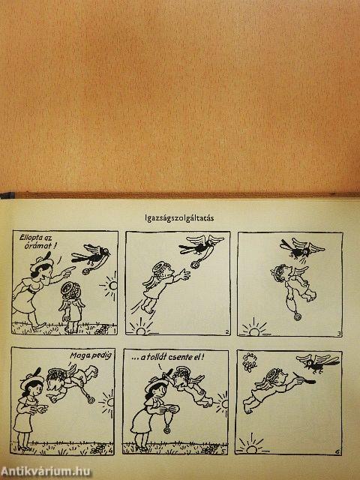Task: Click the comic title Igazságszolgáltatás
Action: point(179,218)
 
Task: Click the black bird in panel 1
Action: point(90,255)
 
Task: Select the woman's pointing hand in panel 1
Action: point(69,270)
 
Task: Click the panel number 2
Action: point(226,331)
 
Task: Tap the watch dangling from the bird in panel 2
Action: point(195,264)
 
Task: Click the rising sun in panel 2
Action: point(140,328)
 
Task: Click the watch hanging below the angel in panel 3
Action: point(297,316)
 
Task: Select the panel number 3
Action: point(338,333)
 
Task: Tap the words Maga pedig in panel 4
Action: point(91,355)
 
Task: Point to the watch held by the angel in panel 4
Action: point(91,400)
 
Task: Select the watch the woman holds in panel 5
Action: point(166,429)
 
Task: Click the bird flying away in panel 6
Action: point(318,363)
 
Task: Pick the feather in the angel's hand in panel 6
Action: point(305,379)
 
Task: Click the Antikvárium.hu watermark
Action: point(46,472)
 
